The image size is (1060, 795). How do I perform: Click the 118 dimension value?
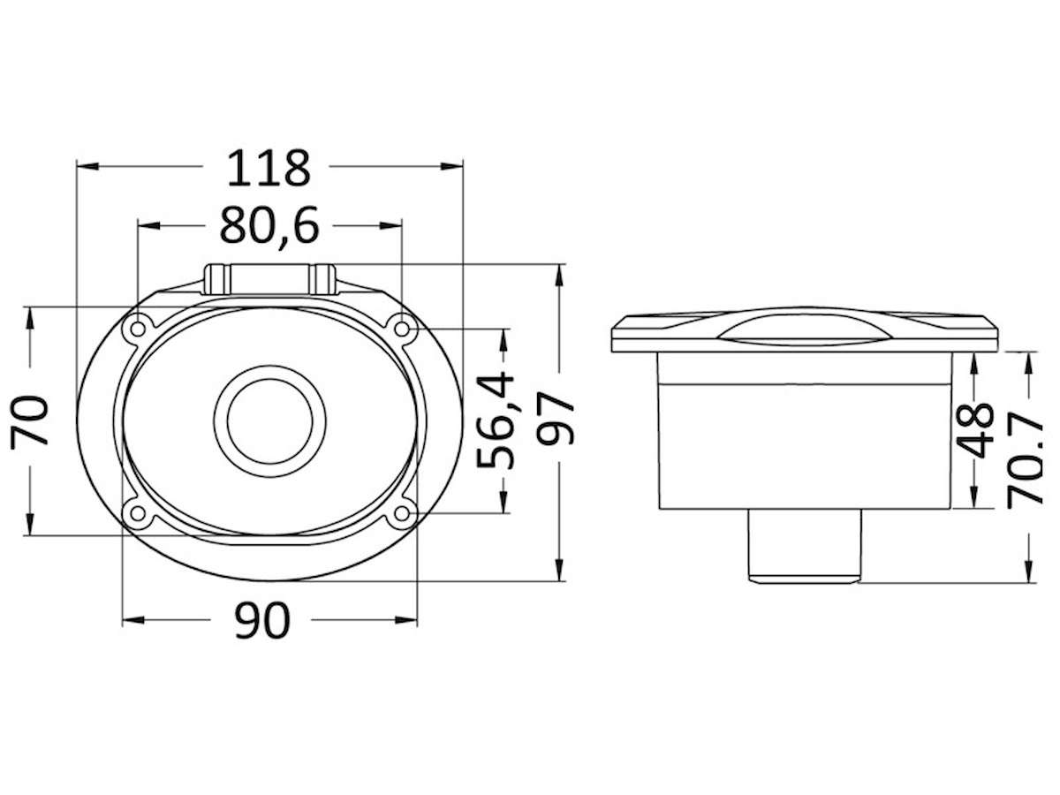click(268, 168)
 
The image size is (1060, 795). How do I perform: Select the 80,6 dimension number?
click(269, 225)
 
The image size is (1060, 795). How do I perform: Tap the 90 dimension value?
click(262, 620)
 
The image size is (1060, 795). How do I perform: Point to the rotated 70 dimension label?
click(29, 420)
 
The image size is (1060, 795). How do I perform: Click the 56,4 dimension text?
click(495, 420)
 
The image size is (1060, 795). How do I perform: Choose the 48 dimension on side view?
click(975, 430)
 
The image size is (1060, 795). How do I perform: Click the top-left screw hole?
click(138, 329)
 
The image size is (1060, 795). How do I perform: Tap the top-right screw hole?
click(402, 329)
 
